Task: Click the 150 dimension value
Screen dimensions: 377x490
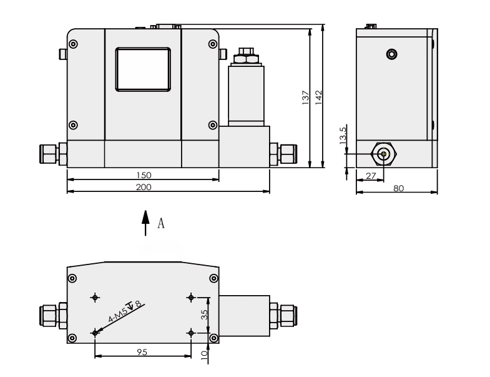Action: (x=144, y=175)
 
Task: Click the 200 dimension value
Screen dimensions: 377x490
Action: (x=144, y=187)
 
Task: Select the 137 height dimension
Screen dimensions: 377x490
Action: (x=305, y=98)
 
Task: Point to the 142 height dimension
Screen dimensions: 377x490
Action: (x=318, y=98)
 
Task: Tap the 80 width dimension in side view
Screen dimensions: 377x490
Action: (x=398, y=188)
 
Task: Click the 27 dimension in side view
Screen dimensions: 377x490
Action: (x=371, y=176)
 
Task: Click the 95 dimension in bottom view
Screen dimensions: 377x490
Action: (x=142, y=353)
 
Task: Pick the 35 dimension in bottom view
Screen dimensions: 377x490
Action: (x=203, y=314)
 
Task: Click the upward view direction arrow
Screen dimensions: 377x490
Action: (x=145, y=223)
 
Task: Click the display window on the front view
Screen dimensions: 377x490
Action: (x=142, y=69)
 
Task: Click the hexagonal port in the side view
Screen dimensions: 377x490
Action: (x=383, y=154)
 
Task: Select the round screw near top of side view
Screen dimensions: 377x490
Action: (x=391, y=54)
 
